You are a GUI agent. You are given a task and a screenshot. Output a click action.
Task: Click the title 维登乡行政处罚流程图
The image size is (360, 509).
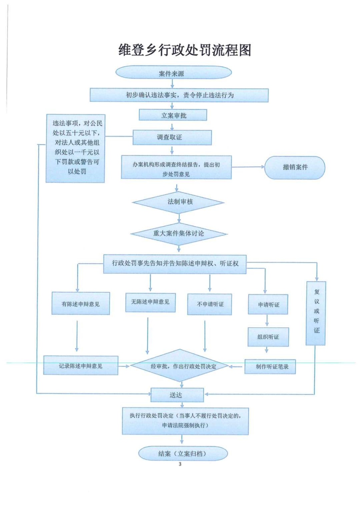coord(185,50)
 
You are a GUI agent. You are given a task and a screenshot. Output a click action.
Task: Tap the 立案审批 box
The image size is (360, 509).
coord(173,115)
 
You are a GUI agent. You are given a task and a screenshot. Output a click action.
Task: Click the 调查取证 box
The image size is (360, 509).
coord(172,137)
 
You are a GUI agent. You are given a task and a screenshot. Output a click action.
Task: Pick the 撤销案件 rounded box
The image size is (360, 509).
coord(295,167)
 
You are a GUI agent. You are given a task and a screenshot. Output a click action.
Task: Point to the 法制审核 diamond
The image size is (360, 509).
coord(179,202)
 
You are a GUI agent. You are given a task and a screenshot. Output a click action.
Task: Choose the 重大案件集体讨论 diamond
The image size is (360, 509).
coord(179,233)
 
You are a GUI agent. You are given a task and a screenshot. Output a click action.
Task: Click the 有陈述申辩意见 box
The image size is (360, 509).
coord(81,304)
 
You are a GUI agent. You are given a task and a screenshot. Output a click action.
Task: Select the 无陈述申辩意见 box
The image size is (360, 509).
coord(150,302)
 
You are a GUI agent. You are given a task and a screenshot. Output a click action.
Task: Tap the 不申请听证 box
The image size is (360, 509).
coord(210,304)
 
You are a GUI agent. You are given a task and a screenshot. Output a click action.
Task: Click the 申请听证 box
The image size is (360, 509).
coord(268,305)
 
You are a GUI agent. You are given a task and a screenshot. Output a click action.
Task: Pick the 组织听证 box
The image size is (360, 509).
coord(268,337)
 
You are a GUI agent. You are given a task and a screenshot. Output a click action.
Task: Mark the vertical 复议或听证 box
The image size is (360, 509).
coord(316,313)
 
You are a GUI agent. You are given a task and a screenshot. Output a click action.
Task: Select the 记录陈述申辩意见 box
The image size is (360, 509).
coord(81,366)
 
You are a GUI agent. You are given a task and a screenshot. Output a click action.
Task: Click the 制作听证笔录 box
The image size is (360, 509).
coord(270,366)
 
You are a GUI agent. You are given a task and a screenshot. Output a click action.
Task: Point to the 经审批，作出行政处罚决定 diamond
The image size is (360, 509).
coord(180,366)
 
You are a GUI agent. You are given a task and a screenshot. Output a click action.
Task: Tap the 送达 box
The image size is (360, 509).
coord(177,395)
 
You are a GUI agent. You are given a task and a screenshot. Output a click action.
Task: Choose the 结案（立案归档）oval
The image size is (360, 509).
coord(183,454)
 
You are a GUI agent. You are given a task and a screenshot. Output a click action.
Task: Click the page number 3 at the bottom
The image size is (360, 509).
coord(180,464)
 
